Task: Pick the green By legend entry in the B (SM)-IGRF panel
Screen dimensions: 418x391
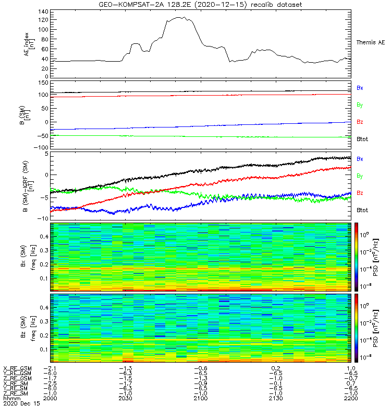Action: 360,176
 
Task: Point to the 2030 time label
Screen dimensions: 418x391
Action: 126,399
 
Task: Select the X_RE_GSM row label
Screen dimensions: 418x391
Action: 17,368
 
